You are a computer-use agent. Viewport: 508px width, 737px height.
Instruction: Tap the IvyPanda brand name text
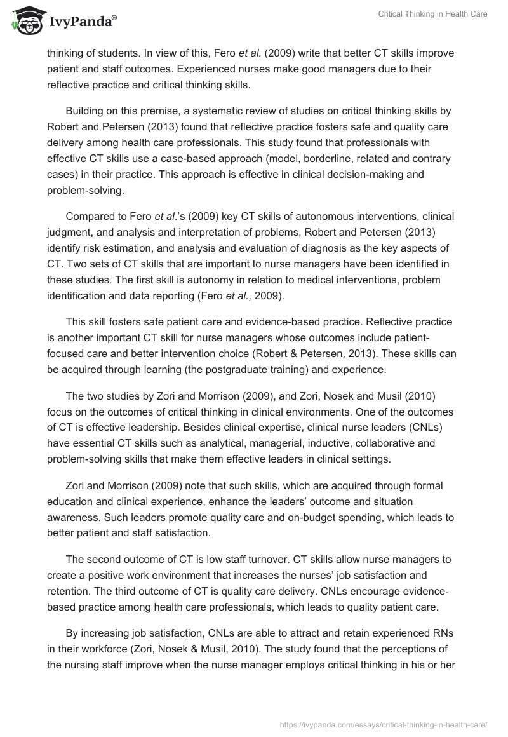[82, 22]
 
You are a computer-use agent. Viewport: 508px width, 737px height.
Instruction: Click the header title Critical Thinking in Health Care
[432, 14]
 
